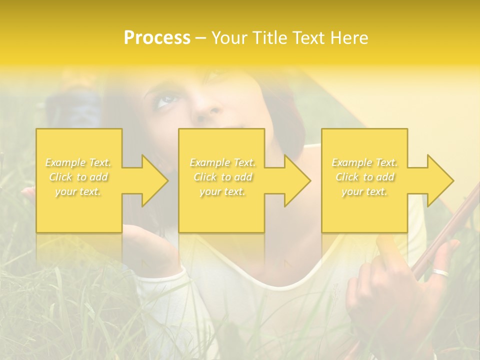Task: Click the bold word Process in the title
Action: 157,38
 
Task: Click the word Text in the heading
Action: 308,38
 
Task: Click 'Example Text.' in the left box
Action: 78,162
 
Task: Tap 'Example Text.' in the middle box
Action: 222,162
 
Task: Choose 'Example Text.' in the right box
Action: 364,162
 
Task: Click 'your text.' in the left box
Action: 78,191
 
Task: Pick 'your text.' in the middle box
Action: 222,191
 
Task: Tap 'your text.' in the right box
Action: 364,191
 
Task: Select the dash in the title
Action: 200,38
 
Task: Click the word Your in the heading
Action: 228,38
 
